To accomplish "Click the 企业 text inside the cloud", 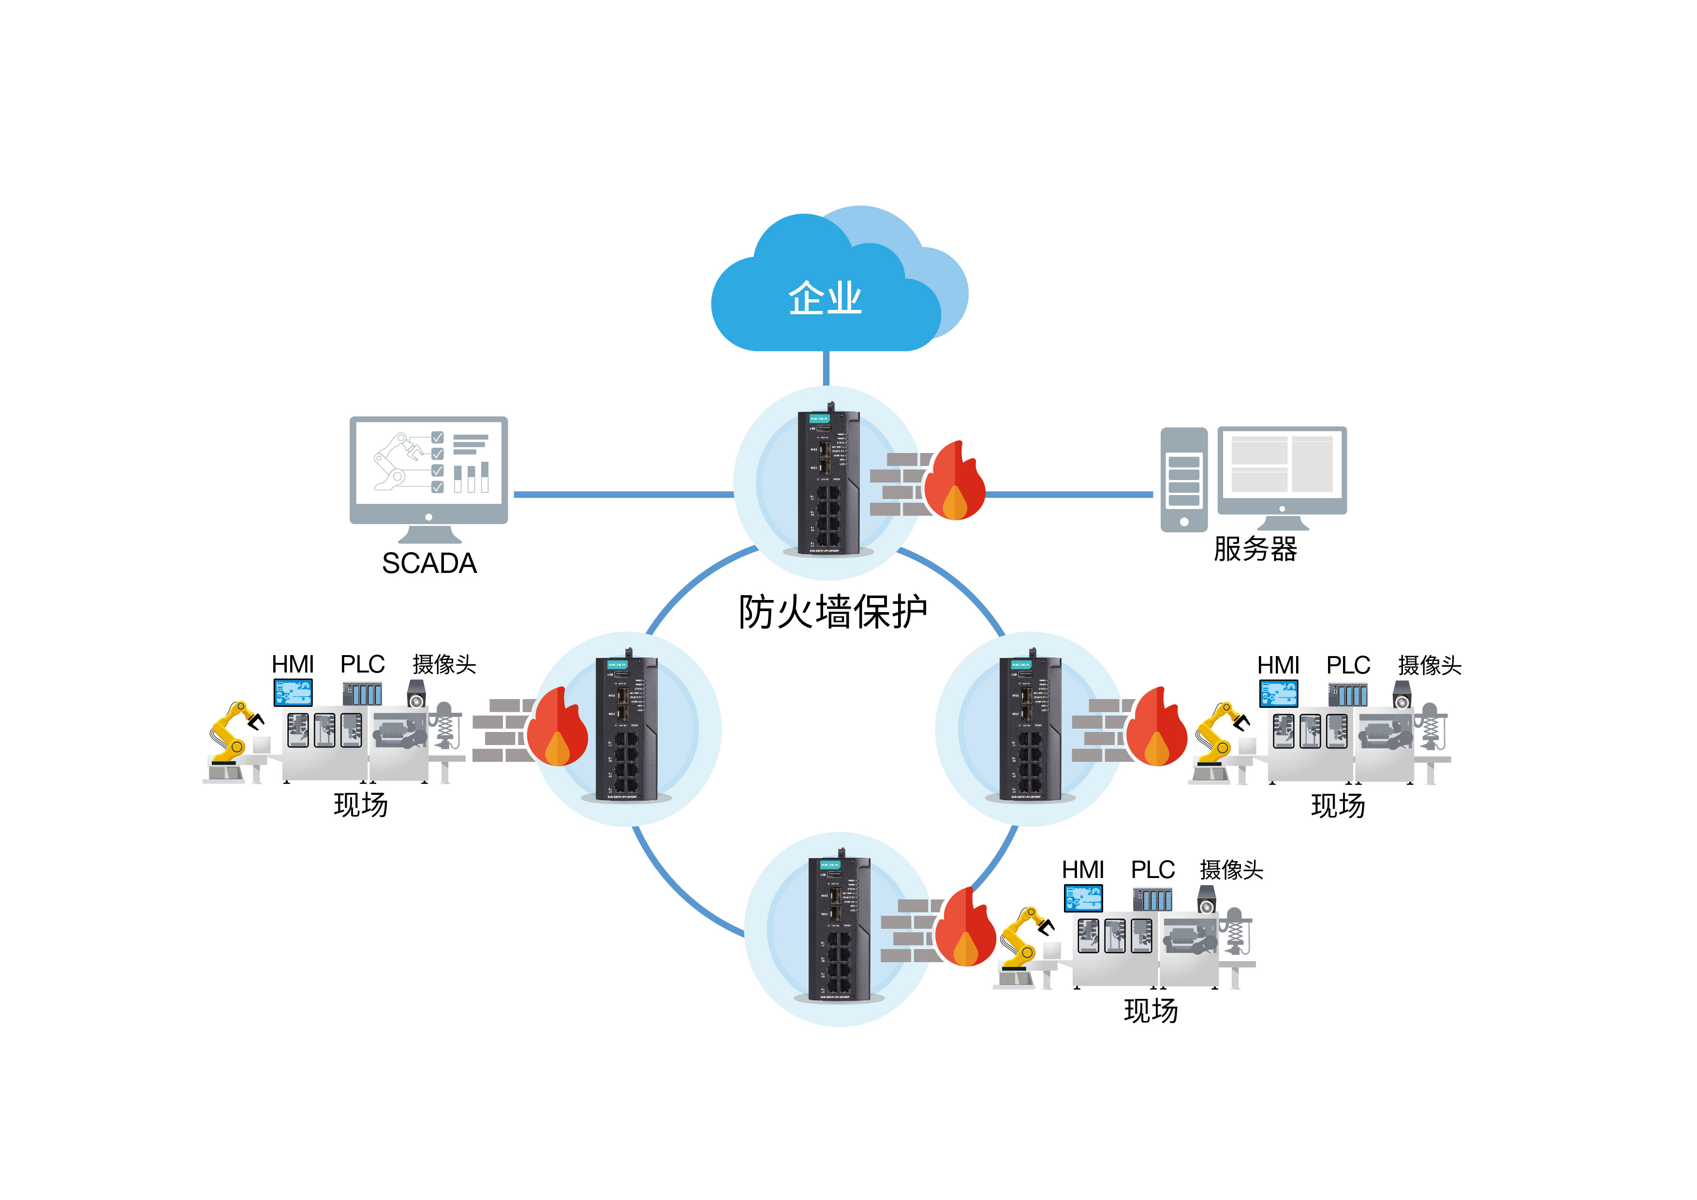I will pyautogui.click(x=825, y=298).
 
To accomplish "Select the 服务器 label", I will pyautogui.click(x=1255, y=549).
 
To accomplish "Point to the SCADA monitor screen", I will pyautogui.click(x=428, y=463).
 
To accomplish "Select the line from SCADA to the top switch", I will pyautogui.click(x=622, y=494).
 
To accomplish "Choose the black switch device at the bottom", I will pyautogui.click(x=839, y=929).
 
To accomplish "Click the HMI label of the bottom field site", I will pyautogui.click(x=1083, y=870).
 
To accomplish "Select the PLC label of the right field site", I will pyautogui.click(x=1348, y=666).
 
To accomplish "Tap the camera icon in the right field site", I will pyautogui.click(x=1402, y=695).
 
